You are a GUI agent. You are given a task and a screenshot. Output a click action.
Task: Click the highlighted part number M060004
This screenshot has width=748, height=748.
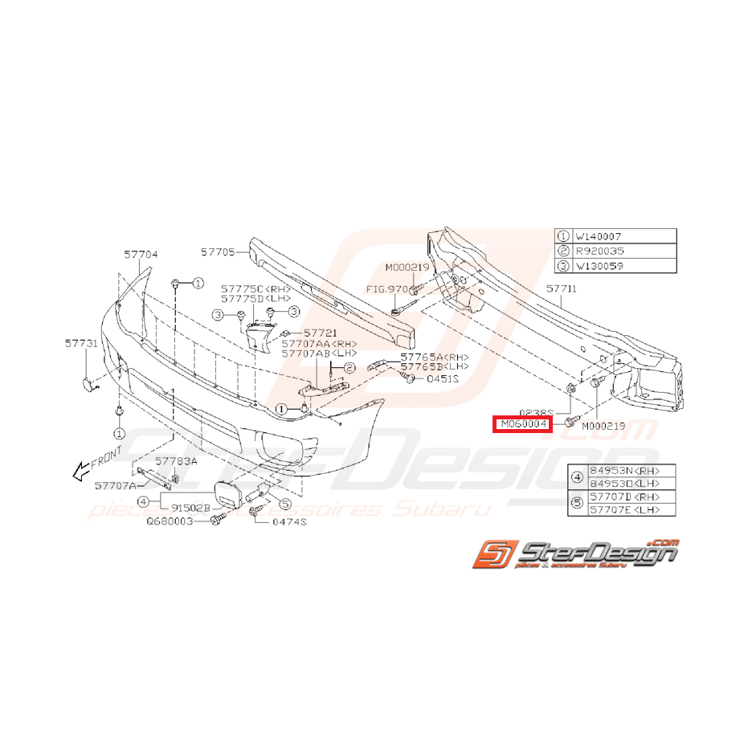tap(521, 423)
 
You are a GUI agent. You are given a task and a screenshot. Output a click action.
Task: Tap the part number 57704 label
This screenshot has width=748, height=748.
tap(141, 254)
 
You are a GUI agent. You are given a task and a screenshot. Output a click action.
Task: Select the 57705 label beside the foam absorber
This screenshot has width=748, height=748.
tap(219, 251)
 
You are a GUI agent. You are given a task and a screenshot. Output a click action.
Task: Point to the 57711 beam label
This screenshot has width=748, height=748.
tap(562, 288)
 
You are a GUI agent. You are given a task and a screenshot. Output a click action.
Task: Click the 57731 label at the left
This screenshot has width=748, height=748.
tap(81, 343)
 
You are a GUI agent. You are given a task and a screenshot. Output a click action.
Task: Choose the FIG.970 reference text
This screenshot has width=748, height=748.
tap(386, 288)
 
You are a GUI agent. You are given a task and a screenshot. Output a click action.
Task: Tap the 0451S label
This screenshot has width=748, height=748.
tap(442, 378)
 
